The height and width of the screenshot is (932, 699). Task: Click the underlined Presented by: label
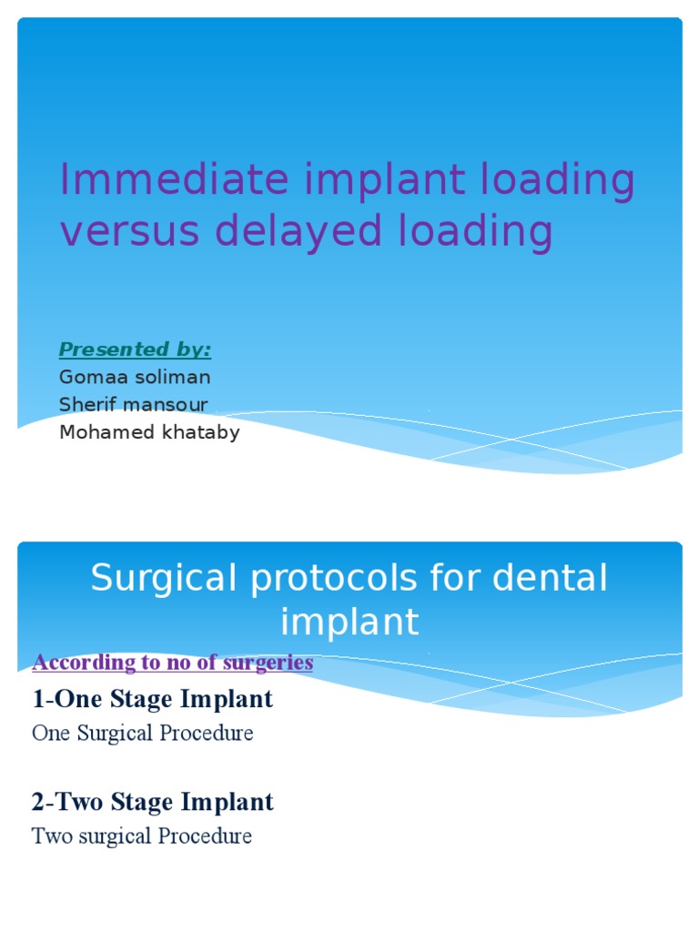(135, 349)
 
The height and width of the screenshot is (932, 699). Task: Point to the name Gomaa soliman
(135, 377)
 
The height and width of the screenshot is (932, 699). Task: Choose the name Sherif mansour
(133, 405)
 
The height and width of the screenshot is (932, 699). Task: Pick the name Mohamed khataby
(149, 432)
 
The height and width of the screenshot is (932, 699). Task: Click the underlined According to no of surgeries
(172, 663)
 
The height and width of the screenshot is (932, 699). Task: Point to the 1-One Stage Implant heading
(152, 699)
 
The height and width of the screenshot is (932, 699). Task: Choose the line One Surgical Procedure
(142, 733)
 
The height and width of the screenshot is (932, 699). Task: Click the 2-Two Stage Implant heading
(152, 802)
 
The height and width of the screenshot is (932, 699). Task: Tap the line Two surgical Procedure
(141, 836)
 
